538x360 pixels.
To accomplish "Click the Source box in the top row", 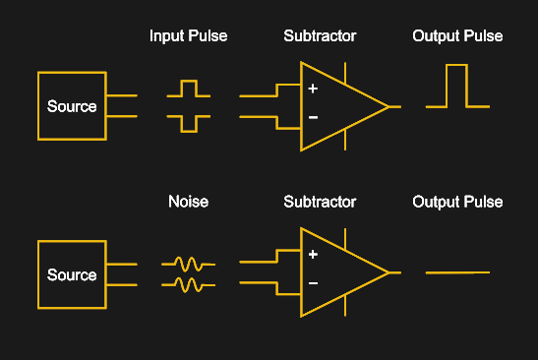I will pos(72,105).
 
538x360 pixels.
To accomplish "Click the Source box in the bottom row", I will pos(72,274).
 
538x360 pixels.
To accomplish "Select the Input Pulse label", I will pos(188,36).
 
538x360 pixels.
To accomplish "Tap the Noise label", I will pos(188,202).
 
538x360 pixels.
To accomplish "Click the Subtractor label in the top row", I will pos(320,36).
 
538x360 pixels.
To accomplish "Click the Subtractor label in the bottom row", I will pos(320,202).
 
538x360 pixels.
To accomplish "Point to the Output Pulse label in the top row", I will pos(457,36).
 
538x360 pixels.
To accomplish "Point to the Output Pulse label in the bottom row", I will pos(457,202).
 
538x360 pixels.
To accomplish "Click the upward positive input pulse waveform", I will pos(188,90).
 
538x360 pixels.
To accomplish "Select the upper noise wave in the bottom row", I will pos(188,264).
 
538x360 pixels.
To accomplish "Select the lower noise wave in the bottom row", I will pos(188,284).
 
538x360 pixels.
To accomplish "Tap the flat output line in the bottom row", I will pos(456,272).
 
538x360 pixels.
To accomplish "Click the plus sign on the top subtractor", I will pos(313,89).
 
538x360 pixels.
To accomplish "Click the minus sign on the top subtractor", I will pos(313,118).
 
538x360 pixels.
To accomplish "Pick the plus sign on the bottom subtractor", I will pos(313,255).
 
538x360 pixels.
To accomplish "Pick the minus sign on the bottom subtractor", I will pos(313,284).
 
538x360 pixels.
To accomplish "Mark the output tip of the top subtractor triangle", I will pos(389,105).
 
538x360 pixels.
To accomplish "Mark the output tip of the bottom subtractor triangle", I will pos(389,272).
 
